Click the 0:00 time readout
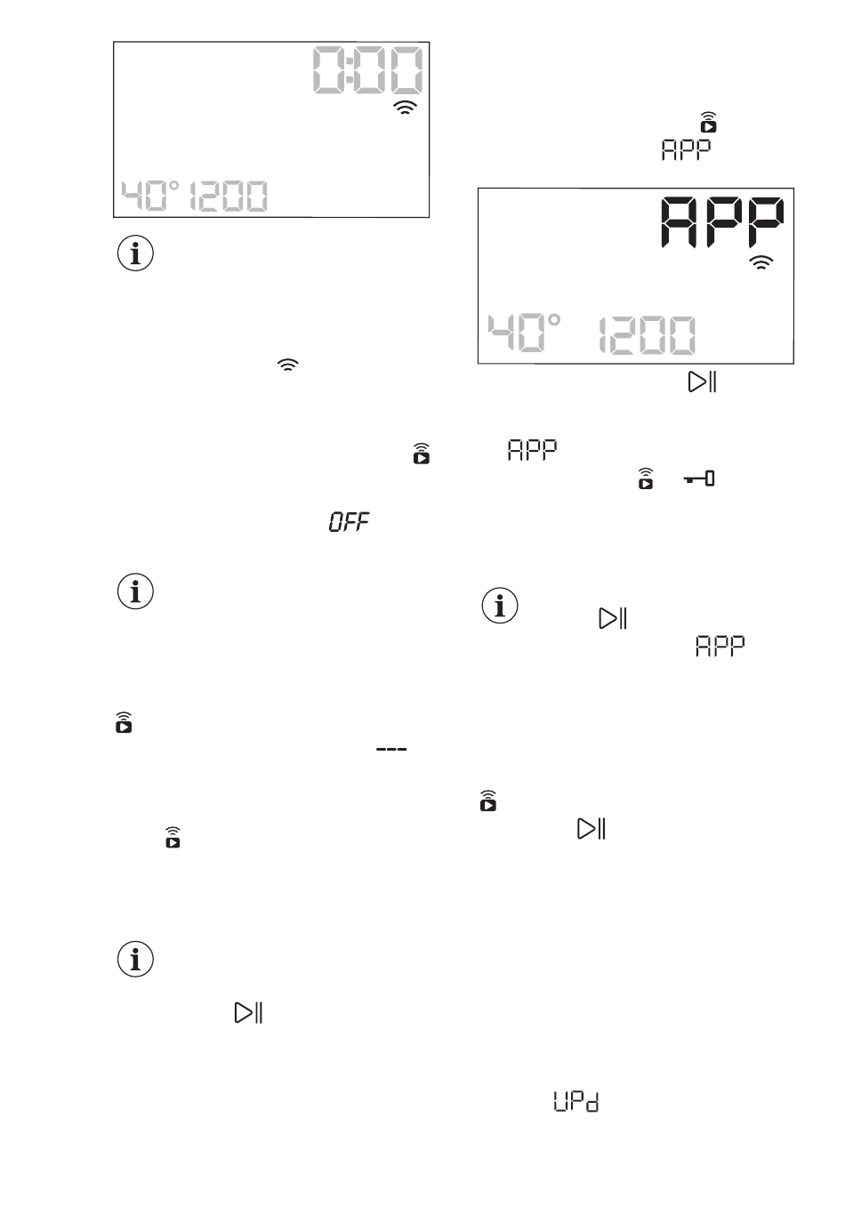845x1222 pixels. pos(366,72)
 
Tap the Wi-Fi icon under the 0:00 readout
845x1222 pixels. pos(406,109)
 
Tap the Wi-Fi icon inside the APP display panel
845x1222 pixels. pos(761,262)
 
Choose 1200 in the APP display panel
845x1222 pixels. pos(647,336)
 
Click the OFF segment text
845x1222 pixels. pos(350,523)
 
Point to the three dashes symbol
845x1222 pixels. pos(391,752)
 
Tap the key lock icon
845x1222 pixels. pos(701,480)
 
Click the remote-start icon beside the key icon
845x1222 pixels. pos(647,478)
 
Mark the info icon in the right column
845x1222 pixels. pos(500,606)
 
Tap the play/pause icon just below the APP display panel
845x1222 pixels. pos(703,382)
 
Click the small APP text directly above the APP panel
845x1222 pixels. pos(686,149)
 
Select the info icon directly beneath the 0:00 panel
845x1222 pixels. pos(135,254)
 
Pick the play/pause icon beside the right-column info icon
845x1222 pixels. pos(614,619)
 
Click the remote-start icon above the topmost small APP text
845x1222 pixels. pos(709,122)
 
